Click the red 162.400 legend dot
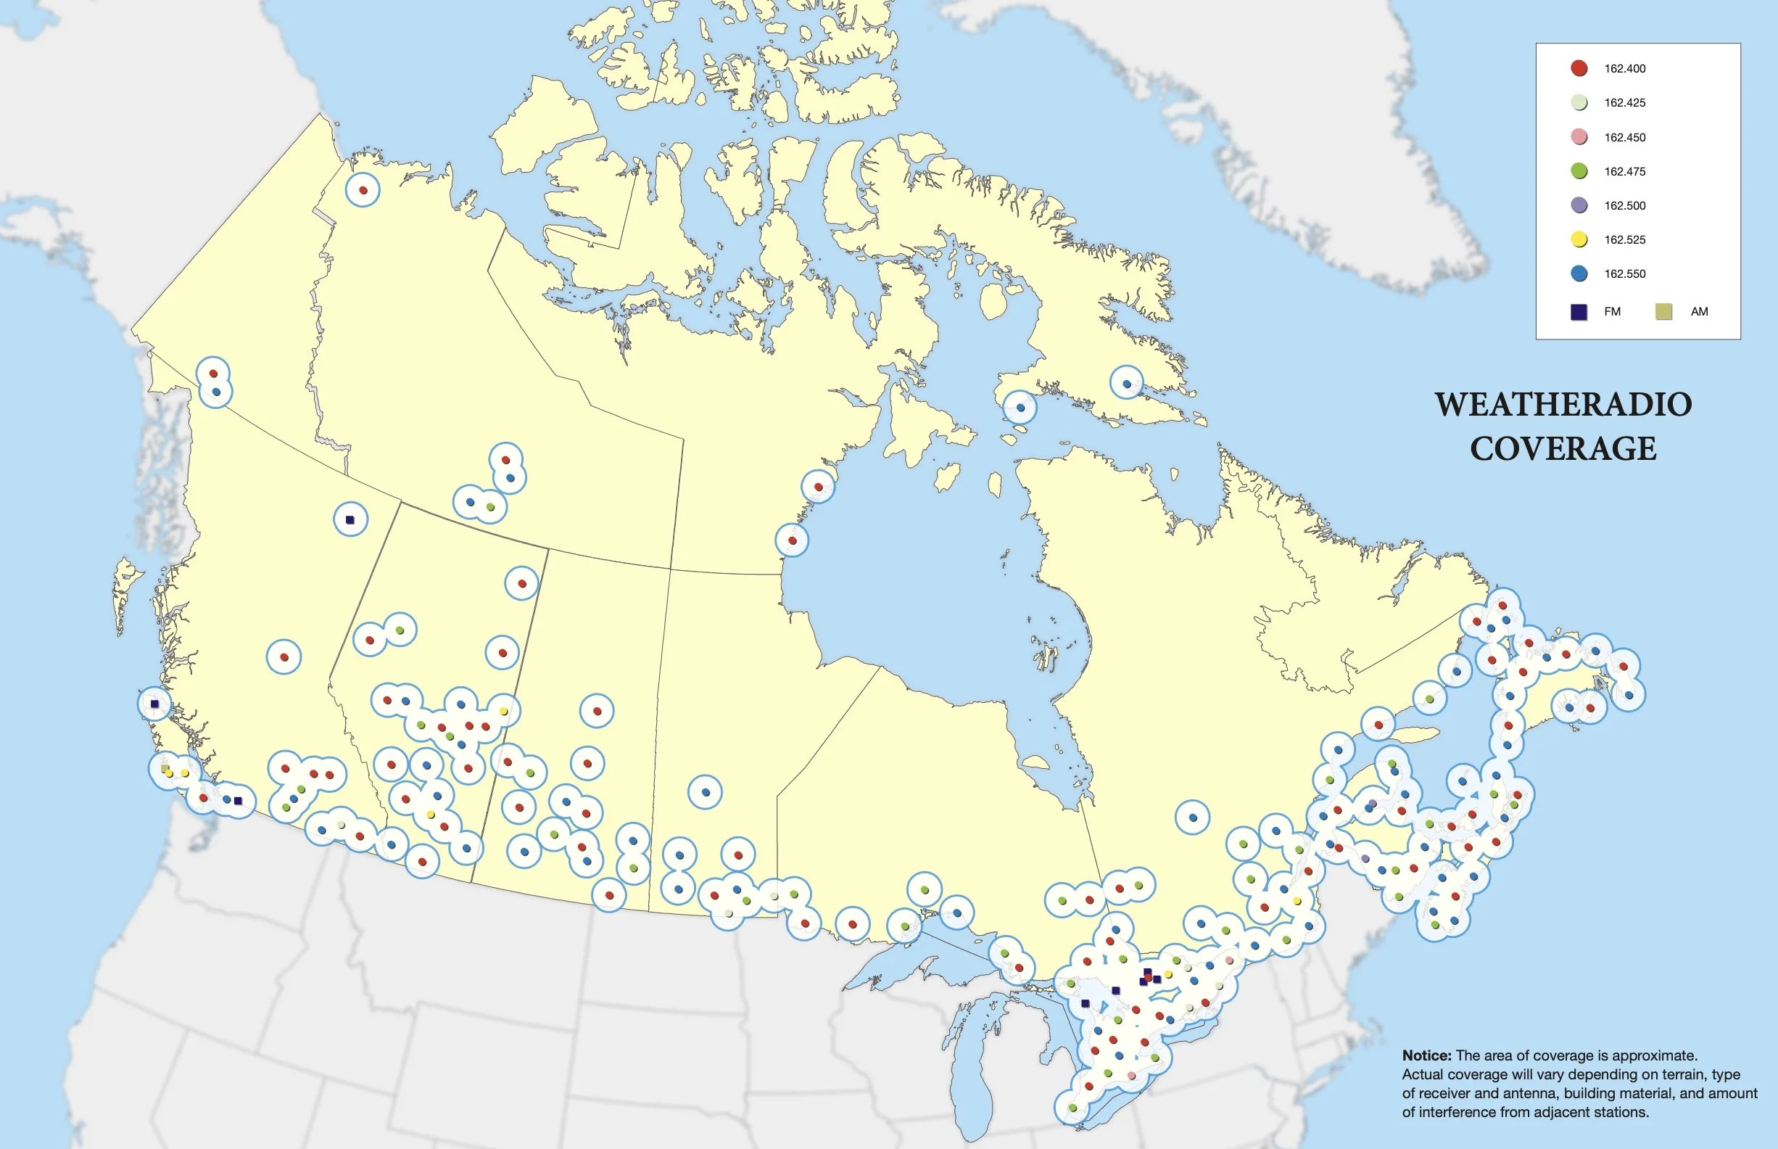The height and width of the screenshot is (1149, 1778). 1579,69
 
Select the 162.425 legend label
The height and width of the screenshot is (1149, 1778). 1624,103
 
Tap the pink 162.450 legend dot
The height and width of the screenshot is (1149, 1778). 1579,137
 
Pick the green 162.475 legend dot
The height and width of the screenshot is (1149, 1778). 1579,172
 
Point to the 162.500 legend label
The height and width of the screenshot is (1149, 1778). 1624,206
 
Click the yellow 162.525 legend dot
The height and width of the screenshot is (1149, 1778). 1579,239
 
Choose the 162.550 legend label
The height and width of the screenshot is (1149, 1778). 1624,273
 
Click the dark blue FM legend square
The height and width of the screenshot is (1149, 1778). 1579,312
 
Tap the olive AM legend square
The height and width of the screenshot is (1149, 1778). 1663,312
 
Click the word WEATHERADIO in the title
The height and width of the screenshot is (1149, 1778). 1563,404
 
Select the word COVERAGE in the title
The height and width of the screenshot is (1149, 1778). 1563,448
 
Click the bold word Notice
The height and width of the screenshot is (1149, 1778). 1426,1055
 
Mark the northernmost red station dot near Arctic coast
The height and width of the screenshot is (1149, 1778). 363,190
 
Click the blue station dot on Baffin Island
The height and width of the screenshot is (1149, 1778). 1127,384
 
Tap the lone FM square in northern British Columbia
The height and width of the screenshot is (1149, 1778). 350,519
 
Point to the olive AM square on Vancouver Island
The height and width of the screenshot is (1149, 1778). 165,767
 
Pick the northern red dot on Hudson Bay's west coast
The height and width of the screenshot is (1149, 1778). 818,487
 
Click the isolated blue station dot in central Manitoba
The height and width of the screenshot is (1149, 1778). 706,792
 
